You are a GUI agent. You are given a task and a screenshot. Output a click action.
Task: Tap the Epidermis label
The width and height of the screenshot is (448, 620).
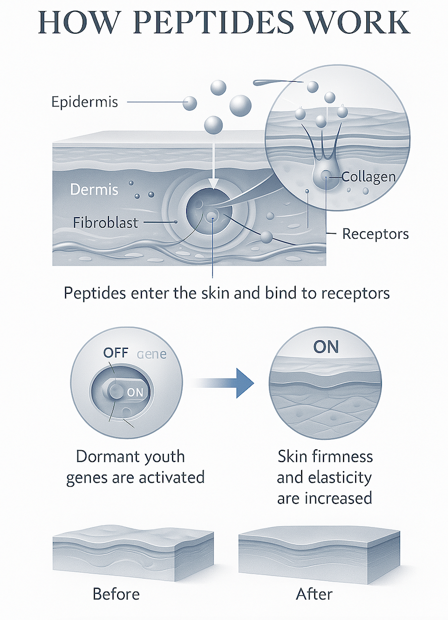click(x=85, y=102)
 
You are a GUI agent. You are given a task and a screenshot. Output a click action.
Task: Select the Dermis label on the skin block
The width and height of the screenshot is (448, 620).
click(x=94, y=190)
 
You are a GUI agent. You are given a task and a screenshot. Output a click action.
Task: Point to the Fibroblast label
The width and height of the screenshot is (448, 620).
click(x=105, y=222)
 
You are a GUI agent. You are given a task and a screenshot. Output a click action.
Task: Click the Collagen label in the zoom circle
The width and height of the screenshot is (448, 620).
click(x=368, y=177)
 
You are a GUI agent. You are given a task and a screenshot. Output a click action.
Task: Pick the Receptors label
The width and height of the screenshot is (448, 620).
click(x=375, y=234)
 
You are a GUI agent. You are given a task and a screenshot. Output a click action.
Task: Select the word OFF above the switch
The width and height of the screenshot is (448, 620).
click(x=116, y=352)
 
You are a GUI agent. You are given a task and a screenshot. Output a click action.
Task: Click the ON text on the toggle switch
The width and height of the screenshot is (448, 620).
click(x=135, y=392)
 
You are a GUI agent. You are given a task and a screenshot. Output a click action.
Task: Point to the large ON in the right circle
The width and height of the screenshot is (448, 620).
click(x=326, y=347)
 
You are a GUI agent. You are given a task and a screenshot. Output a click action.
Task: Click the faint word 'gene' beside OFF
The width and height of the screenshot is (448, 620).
click(x=152, y=354)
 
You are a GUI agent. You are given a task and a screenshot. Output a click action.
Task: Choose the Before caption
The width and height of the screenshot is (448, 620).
click(x=116, y=594)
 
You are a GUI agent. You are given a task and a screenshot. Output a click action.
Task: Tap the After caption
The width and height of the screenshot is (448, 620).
click(x=314, y=594)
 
